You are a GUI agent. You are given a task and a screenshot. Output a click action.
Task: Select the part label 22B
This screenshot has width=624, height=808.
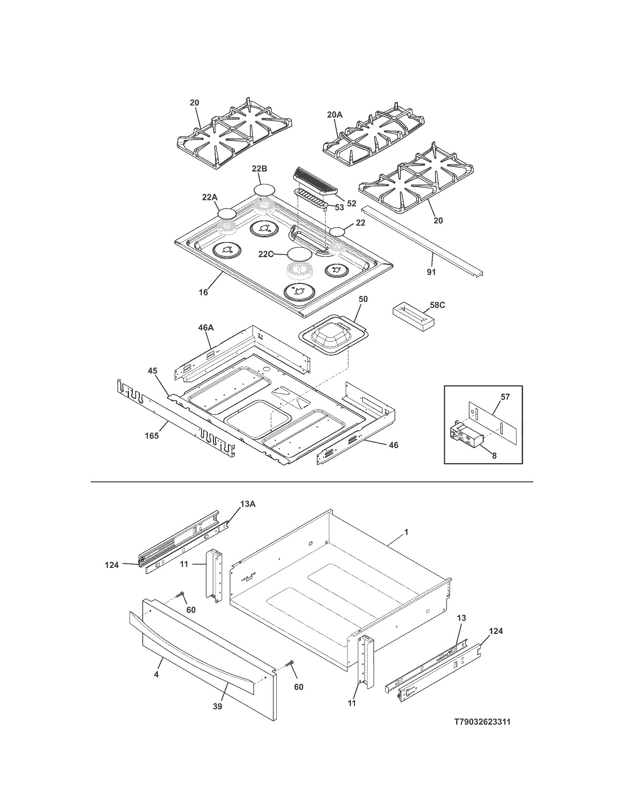260,169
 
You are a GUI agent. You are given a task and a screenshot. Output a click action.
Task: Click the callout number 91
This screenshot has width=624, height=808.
431,272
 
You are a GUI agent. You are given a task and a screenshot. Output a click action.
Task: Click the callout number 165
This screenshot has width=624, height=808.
152,436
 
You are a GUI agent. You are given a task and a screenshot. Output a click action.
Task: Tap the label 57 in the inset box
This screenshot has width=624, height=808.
505,397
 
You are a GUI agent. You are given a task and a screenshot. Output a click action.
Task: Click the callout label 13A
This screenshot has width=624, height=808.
248,504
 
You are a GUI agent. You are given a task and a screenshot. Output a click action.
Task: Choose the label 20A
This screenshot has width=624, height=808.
334,115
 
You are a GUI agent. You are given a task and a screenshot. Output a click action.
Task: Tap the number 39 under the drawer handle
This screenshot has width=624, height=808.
217,707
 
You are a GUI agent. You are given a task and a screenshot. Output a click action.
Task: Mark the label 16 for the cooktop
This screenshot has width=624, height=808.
203,293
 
